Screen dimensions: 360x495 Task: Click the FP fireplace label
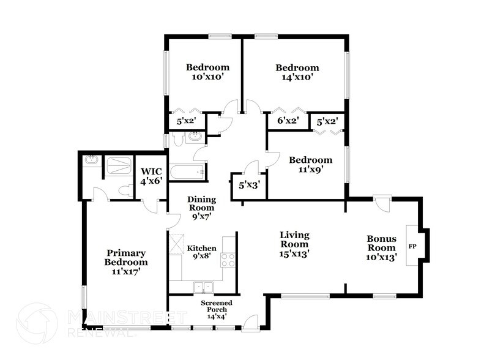coord(412,247)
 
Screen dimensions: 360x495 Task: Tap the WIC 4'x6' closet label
coord(151,177)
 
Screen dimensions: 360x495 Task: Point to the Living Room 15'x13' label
coord(294,244)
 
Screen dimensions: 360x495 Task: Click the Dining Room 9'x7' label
coord(201,208)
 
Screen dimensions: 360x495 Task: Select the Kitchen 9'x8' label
coord(201,252)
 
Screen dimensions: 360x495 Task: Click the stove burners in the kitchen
coord(228,260)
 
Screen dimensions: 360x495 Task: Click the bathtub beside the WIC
coord(187,171)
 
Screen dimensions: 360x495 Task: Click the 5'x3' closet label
coord(249,185)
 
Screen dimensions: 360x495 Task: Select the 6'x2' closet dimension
coord(288,121)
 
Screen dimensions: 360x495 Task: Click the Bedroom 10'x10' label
coord(207,72)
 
